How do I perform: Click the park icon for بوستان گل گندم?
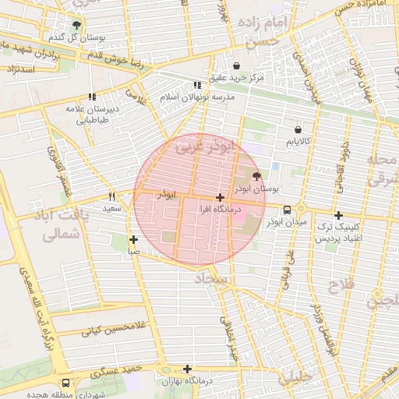point(76,25)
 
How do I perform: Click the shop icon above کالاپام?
point(298,129)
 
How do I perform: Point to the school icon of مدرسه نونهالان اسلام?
point(197,85)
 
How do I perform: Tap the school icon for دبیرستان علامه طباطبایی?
point(92,97)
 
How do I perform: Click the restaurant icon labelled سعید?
point(111,197)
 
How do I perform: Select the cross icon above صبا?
point(134,239)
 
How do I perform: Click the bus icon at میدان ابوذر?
point(287,210)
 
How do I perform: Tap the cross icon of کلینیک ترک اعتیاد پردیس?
point(337,215)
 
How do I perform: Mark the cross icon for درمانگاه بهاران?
point(187,369)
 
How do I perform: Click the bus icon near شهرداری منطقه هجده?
point(65,383)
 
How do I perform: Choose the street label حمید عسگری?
point(115,374)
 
